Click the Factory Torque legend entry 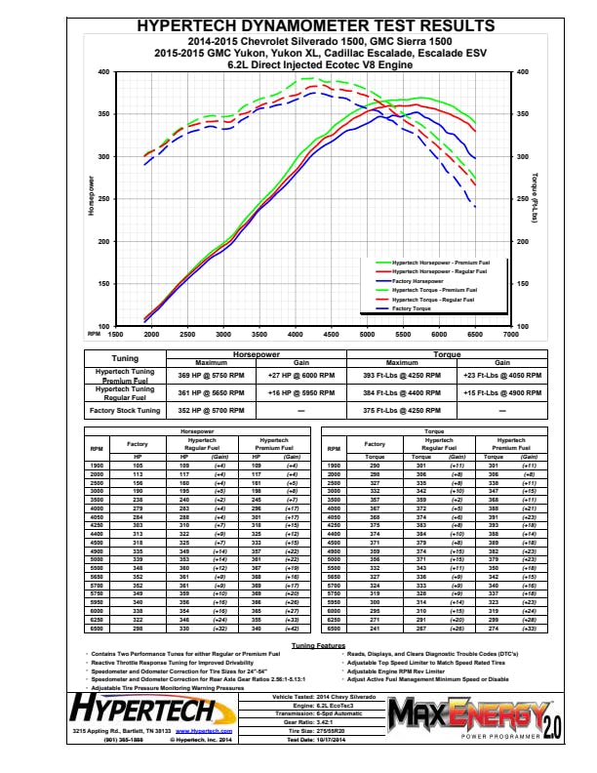click(412, 307)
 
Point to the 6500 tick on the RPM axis click(475, 333)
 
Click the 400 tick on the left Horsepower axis click(103, 72)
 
